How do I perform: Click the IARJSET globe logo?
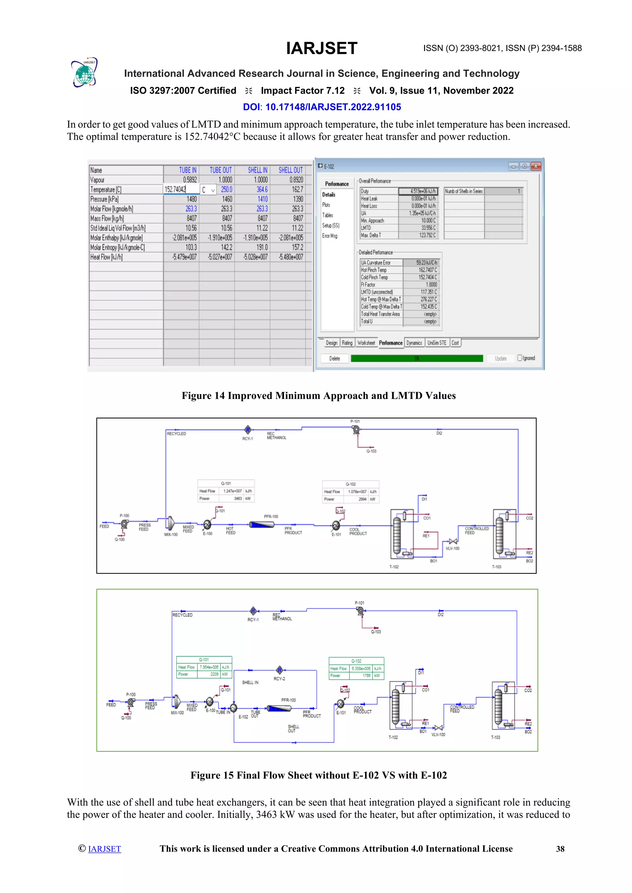tap(85, 73)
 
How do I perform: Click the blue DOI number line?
tap(322, 107)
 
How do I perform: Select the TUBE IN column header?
tap(187, 170)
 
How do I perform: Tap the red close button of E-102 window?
tap(536, 167)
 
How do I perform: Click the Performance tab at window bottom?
tap(390, 343)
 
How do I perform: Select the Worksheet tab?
tap(366, 343)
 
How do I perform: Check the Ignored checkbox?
tap(520, 358)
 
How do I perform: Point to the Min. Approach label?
tap(372, 220)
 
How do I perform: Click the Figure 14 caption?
tap(318, 396)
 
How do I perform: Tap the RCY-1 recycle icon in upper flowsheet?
tap(248, 430)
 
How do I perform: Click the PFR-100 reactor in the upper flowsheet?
tap(262, 525)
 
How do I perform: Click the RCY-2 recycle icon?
tap(279, 670)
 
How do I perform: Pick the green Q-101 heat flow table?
tap(204, 667)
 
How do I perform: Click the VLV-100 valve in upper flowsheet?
tap(453, 541)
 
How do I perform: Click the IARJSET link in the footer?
tap(104, 849)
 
